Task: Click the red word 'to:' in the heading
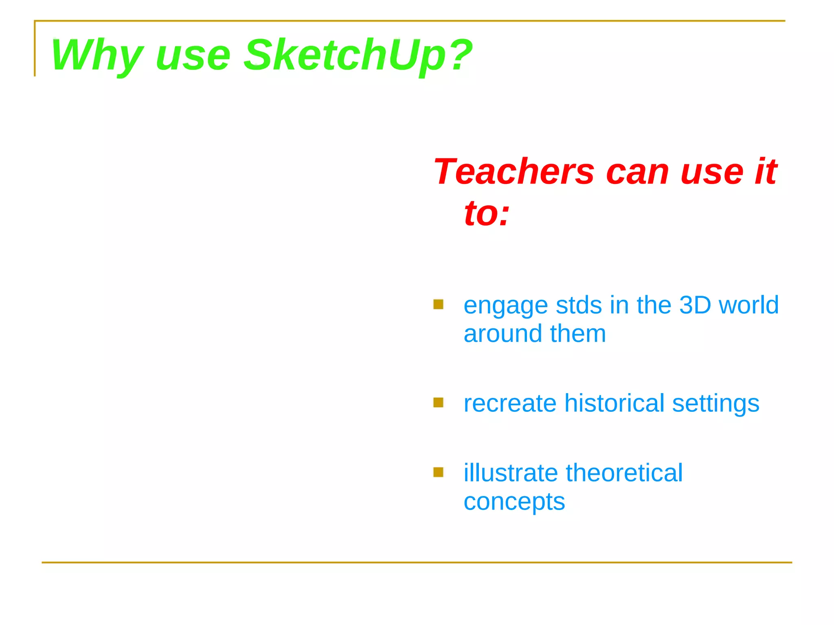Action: (x=487, y=213)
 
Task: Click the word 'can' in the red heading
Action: (x=637, y=172)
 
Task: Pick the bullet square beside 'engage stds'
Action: (x=438, y=304)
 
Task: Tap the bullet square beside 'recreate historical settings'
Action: (x=438, y=402)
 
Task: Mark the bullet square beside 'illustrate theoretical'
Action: (x=438, y=472)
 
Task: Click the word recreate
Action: (x=510, y=404)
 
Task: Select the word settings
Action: (x=715, y=404)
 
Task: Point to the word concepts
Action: (x=514, y=502)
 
